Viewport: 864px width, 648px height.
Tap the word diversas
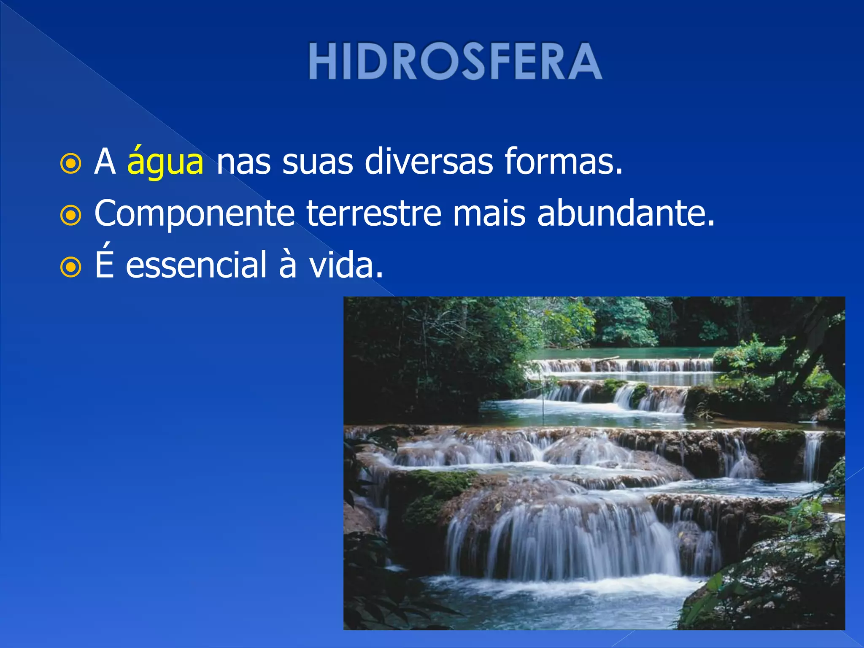pos(428,162)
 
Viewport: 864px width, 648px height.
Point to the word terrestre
pos(374,213)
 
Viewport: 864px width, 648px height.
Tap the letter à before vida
pos(288,265)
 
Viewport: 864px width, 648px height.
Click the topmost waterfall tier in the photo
pos(624,365)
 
